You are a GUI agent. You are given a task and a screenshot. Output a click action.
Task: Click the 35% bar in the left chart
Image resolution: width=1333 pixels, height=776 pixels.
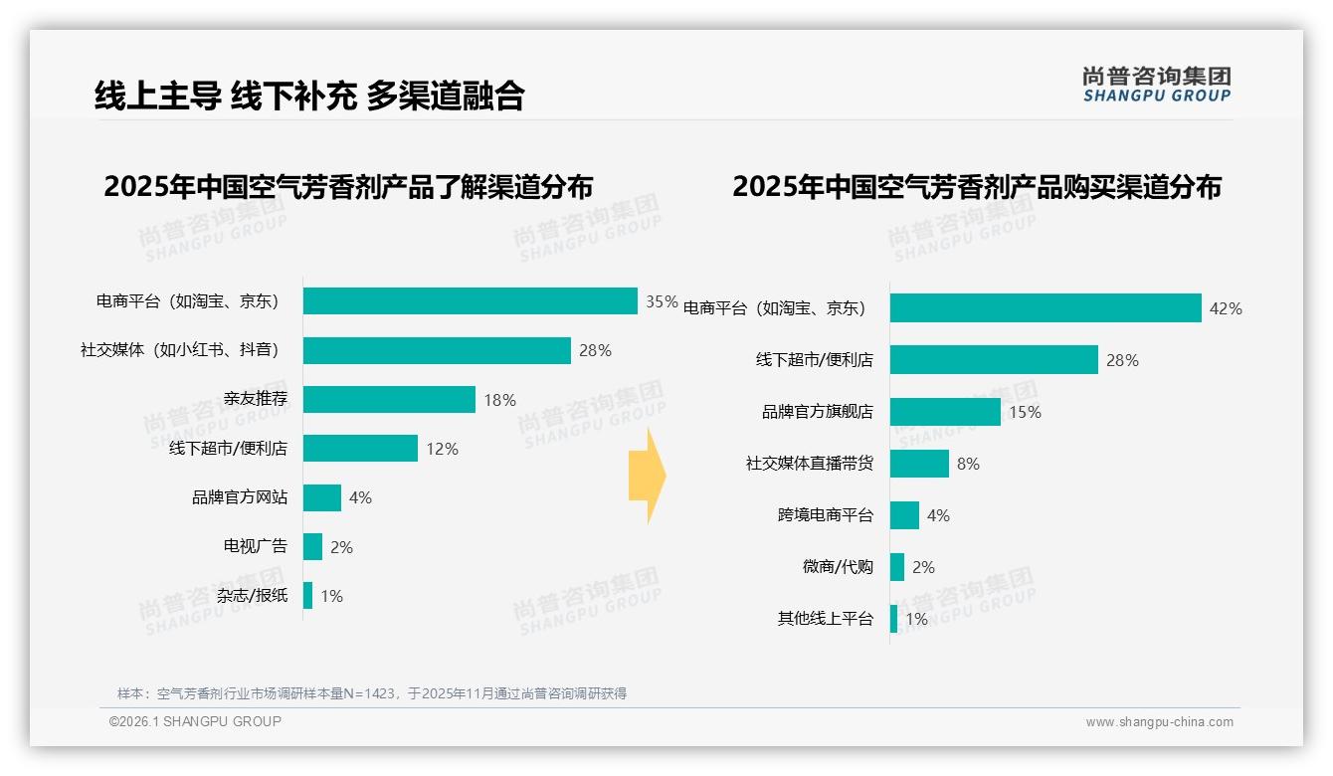[x=470, y=301]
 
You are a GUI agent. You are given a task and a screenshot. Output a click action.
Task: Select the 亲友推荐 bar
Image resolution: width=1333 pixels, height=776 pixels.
[x=389, y=400]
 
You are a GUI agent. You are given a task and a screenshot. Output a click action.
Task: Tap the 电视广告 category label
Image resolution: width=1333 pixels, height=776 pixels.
[x=255, y=546]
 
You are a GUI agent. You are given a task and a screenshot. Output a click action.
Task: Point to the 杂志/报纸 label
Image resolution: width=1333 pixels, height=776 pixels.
[x=252, y=596]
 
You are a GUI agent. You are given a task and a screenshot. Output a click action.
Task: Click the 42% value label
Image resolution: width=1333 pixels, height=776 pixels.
[x=1225, y=309]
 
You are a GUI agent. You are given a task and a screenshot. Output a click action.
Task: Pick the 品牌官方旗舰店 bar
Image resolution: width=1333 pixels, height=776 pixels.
[x=945, y=412]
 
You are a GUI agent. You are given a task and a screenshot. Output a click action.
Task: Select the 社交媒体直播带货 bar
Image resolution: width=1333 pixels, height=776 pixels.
[x=919, y=464]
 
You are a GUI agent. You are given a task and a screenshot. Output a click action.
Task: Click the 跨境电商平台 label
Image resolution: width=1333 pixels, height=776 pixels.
[x=825, y=515]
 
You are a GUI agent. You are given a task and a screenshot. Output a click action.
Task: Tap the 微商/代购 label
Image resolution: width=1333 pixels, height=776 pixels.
[x=838, y=567]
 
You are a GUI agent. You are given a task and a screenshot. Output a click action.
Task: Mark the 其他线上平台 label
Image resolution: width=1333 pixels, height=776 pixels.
[x=825, y=619]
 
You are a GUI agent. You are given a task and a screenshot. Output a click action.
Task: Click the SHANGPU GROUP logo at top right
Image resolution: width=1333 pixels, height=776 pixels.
[x=1156, y=85]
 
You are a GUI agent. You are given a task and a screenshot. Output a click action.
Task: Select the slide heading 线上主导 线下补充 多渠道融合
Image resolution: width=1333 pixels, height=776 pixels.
[x=309, y=96]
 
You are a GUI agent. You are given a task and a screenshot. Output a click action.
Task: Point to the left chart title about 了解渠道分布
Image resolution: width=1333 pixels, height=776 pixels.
[x=348, y=187]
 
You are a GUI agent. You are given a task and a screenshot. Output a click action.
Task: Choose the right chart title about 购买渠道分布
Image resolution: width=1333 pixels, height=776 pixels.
[x=977, y=187]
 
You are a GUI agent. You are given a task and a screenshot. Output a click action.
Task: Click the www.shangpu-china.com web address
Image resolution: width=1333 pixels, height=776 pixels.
[x=1159, y=722]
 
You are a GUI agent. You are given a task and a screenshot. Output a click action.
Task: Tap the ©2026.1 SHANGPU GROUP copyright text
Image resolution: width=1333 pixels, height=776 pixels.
[x=195, y=721]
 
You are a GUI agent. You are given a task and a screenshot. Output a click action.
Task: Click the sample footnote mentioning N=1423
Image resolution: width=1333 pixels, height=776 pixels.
[x=371, y=693]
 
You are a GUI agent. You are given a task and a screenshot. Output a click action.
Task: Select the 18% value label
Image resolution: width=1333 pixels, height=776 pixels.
[x=499, y=400]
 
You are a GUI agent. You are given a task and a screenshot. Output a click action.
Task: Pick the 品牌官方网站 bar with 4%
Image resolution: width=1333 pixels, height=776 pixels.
[x=322, y=497]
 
